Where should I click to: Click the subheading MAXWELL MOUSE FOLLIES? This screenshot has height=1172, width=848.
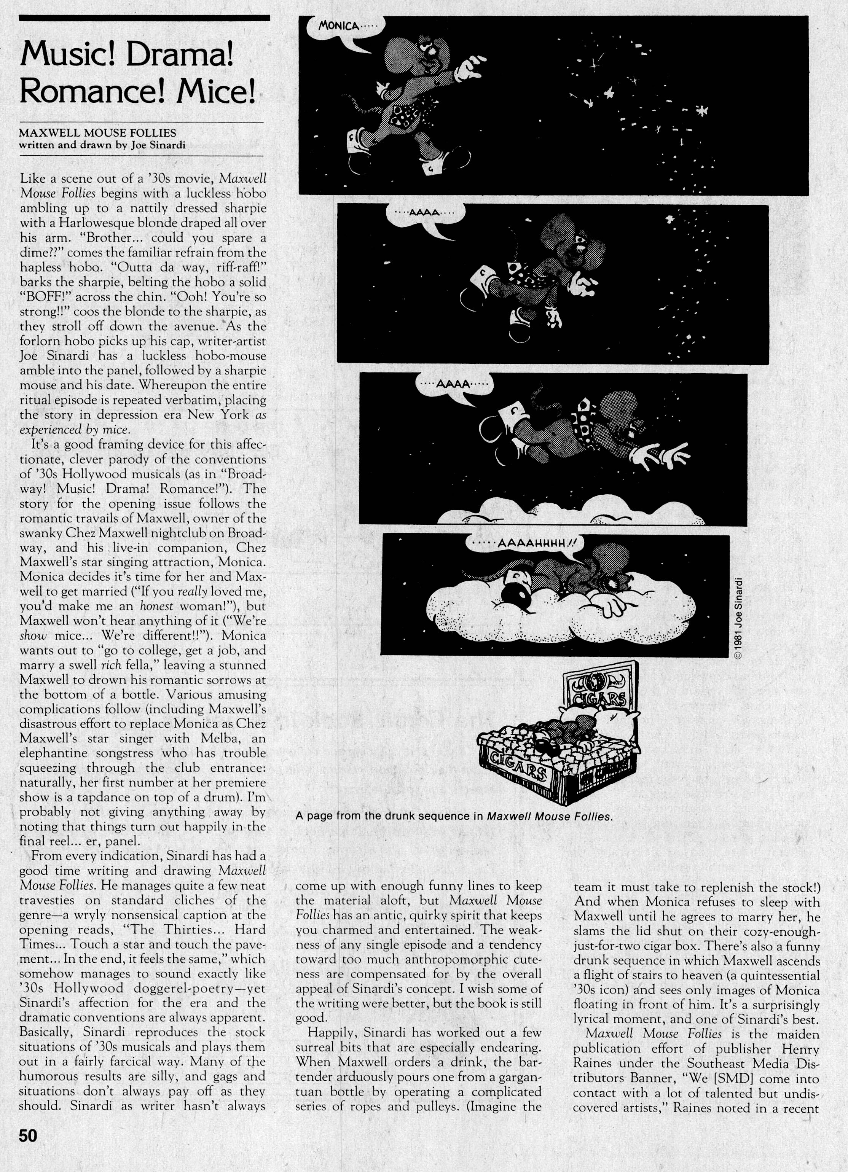[x=97, y=133]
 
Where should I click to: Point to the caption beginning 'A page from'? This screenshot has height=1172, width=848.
[x=454, y=817]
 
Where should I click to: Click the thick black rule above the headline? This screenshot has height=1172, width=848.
[x=144, y=18]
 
